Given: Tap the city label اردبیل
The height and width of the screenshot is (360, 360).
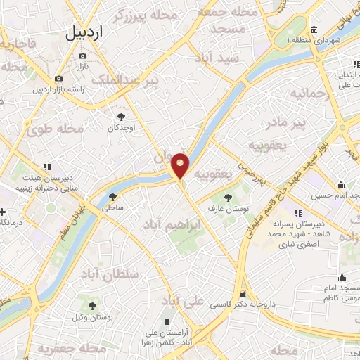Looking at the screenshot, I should (x=94, y=33).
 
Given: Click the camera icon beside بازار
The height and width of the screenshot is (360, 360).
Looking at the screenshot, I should (x=82, y=56).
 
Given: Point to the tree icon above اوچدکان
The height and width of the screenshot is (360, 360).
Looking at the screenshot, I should (x=120, y=117).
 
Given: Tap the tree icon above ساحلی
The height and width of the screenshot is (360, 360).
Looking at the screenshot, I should (x=112, y=197).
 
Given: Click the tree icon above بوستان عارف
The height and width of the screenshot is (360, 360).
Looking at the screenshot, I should (x=226, y=198).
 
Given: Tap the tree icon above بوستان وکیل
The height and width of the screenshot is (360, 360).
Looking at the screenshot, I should (x=92, y=306).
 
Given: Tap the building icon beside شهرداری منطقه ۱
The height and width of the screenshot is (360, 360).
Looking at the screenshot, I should (x=314, y=30).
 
